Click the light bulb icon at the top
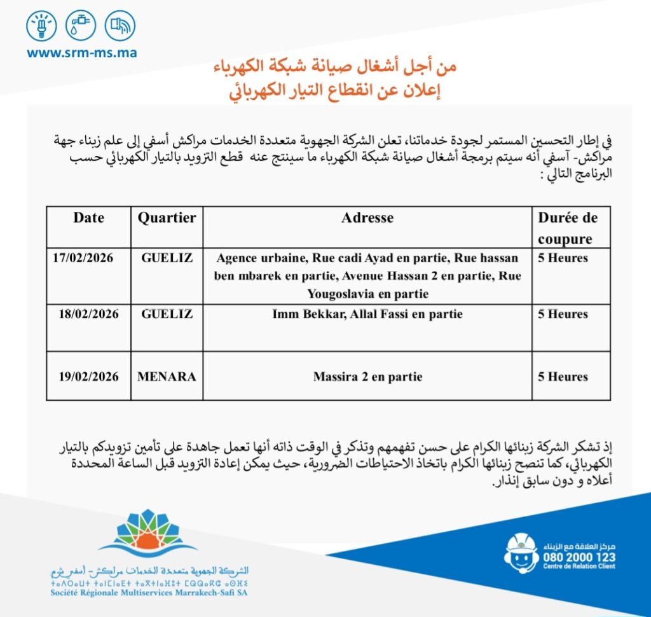42,26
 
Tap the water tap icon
81,26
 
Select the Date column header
88,218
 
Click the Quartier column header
167,218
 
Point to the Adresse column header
367,218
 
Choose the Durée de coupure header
567,228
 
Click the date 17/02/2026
83,258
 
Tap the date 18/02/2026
88,314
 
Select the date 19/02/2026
88,377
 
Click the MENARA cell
167,377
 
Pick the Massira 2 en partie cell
367,377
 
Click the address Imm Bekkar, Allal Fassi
367,314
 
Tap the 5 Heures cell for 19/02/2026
563,377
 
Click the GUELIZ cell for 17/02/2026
167,258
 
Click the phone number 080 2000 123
579,557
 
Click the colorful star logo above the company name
147,534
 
